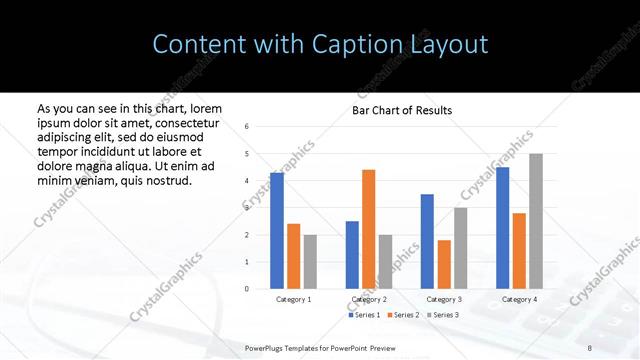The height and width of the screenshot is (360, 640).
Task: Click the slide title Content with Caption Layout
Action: click(x=320, y=45)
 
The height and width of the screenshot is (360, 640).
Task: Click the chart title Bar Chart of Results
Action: click(x=402, y=110)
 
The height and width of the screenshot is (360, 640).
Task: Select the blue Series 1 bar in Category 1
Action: click(x=277, y=230)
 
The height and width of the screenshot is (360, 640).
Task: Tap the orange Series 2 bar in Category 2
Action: click(x=368, y=229)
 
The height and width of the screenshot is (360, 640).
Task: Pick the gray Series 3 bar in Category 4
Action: click(x=536, y=221)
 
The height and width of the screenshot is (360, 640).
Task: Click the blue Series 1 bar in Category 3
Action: click(x=427, y=241)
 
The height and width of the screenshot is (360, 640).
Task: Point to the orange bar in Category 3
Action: click(x=444, y=264)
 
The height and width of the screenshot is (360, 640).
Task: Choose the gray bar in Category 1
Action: click(x=310, y=261)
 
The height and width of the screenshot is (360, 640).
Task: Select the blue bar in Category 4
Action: click(x=502, y=228)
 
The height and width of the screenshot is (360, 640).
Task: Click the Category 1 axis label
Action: click(x=293, y=299)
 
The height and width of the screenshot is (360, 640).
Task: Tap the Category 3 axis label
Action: click(x=444, y=299)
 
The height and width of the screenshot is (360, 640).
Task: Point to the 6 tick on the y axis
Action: click(x=246, y=126)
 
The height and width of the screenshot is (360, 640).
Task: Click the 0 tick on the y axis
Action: click(x=246, y=289)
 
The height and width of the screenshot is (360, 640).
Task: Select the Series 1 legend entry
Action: click(x=364, y=315)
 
